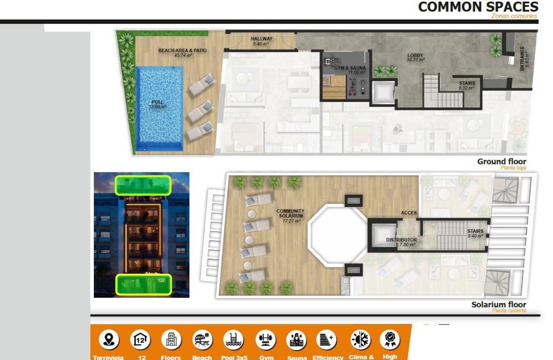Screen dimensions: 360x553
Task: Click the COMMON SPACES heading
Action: click(478, 7)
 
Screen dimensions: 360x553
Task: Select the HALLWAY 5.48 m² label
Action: click(261, 41)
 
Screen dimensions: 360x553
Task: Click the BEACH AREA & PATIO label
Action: click(182, 53)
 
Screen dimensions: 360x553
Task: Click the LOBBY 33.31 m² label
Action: click(415, 57)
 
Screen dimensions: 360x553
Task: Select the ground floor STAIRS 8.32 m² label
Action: click(466, 85)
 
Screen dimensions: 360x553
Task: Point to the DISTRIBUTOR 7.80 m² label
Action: click(401, 242)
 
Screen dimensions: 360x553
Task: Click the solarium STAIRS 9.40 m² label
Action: click(475, 234)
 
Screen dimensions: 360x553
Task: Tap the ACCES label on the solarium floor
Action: click(409, 213)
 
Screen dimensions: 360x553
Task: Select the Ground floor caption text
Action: click(502, 162)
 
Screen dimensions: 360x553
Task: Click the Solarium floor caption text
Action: click(499, 305)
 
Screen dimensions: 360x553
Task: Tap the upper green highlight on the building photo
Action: click(143, 185)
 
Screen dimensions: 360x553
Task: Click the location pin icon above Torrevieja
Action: click(109, 340)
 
